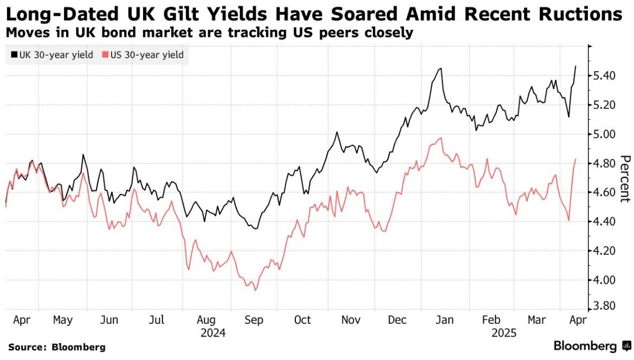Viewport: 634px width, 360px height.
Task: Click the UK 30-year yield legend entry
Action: click(51, 55)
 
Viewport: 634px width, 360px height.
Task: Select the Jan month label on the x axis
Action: click(444, 320)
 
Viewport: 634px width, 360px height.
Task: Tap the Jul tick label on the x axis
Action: click(157, 320)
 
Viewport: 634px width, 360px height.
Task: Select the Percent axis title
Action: click(625, 178)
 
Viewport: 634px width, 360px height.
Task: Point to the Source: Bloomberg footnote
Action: click(56, 347)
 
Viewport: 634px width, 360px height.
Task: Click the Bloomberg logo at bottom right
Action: click(590, 346)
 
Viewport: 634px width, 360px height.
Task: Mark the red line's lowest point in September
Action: click(255, 291)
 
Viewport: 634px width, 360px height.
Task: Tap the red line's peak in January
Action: click(442, 138)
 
